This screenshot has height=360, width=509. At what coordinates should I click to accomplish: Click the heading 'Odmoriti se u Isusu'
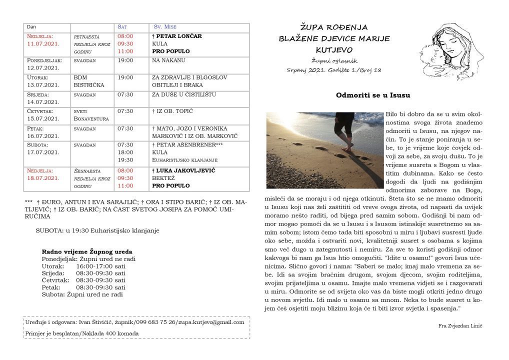point(373,94)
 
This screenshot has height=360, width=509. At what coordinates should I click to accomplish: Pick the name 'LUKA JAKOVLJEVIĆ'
point(185,170)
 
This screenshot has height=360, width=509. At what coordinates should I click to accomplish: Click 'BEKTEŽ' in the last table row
point(163,178)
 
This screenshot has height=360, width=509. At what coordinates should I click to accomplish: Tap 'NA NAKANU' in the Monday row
point(168,60)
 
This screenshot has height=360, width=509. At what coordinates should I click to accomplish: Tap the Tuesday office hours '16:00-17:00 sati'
point(100,266)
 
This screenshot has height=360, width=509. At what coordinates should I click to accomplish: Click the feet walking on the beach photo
point(325,149)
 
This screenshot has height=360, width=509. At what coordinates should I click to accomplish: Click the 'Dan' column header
point(31,27)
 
